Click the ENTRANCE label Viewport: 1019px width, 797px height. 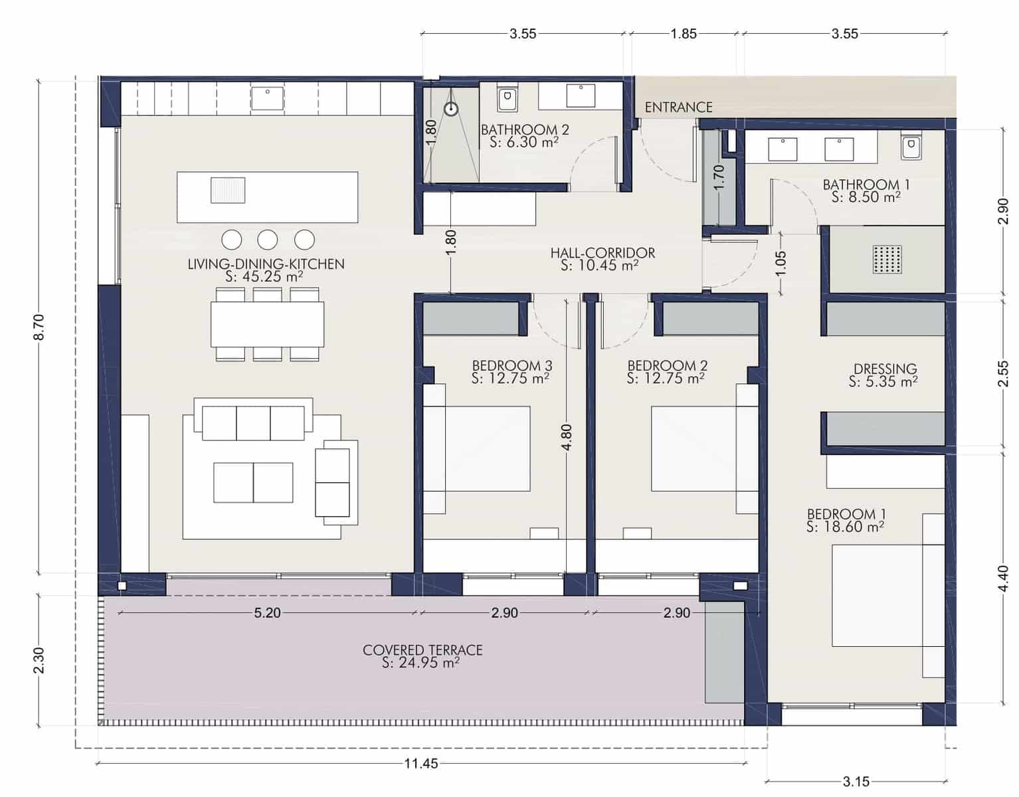(x=678, y=107)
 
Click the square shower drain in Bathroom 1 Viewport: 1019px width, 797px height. (x=887, y=259)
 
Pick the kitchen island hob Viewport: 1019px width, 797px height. (x=228, y=190)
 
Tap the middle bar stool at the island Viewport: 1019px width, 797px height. (x=268, y=239)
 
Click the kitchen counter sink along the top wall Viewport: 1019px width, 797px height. (x=267, y=98)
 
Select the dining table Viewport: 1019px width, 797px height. (x=268, y=324)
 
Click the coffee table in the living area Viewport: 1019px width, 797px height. (x=252, y=482)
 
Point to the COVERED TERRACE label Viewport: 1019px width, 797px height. (x=422, y=650)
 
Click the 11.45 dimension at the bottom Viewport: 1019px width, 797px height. (x=421, y=763)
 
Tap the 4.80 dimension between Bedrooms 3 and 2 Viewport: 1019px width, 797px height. (x=566, y=438)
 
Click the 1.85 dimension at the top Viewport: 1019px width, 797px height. (x=684, y=34)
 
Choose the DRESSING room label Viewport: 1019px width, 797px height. (x=885, y=369)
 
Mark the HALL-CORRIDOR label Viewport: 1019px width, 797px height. (x=602, y=253)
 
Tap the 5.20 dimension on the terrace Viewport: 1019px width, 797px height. (x=267, y=612)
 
